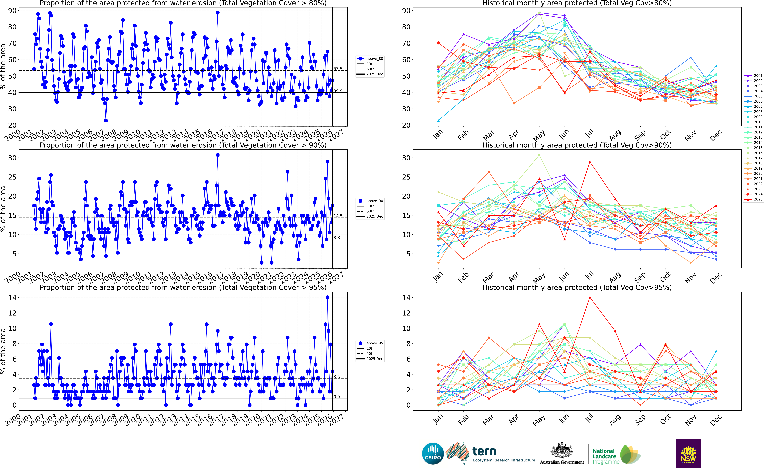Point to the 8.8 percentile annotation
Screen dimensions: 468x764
(337, 238)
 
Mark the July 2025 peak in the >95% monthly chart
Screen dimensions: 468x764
(590, 297)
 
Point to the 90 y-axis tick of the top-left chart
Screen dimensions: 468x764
(12, 11)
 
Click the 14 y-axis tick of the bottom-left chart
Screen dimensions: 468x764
(12, 298)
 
